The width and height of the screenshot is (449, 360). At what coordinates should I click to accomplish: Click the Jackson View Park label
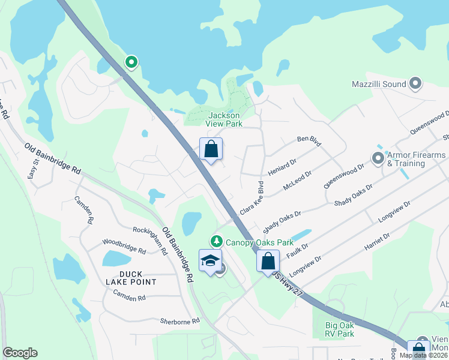(223, 119)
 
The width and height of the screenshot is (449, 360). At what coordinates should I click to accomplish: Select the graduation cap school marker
(210, 261)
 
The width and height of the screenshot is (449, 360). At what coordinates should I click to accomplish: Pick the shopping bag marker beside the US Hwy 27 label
(268, 261)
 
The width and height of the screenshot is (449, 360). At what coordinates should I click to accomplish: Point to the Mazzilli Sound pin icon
(415, 85)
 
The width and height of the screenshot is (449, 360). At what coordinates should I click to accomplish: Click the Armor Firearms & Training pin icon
(378, 158)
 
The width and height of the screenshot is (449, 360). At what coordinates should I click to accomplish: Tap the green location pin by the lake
(131, 61)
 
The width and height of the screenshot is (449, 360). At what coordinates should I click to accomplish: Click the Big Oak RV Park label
(335, 329)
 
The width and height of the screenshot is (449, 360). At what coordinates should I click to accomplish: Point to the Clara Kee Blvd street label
(252, 199)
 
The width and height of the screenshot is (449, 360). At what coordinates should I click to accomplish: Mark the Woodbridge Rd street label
(124, 246)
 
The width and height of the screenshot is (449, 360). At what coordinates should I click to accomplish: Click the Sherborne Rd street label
(179, 321)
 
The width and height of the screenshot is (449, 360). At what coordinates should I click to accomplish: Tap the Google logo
(20, 353)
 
